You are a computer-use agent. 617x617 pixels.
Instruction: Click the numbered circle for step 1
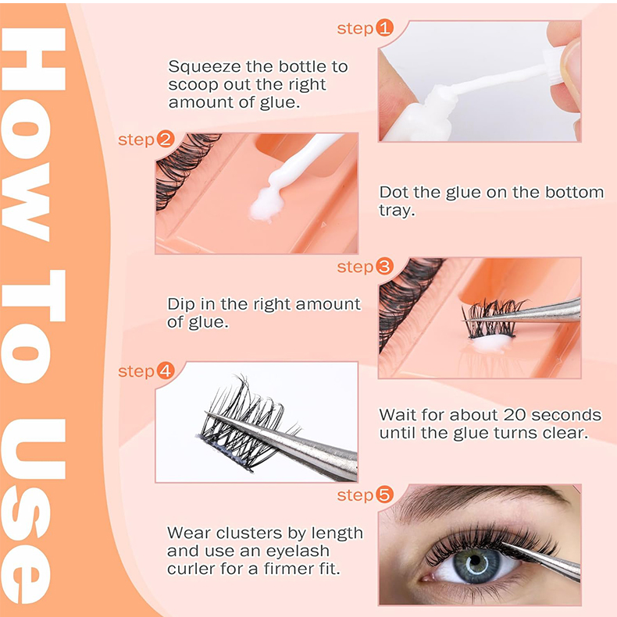click(384, 29)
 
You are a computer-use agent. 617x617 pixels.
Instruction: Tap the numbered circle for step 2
click(166, 140)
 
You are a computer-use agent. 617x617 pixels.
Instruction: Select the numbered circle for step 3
click(384, 268)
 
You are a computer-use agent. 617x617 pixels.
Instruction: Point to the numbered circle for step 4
click(166, 371)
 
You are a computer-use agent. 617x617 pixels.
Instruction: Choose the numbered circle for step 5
click(384, 495)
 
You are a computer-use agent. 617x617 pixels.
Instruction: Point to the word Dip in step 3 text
click(181, 304)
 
